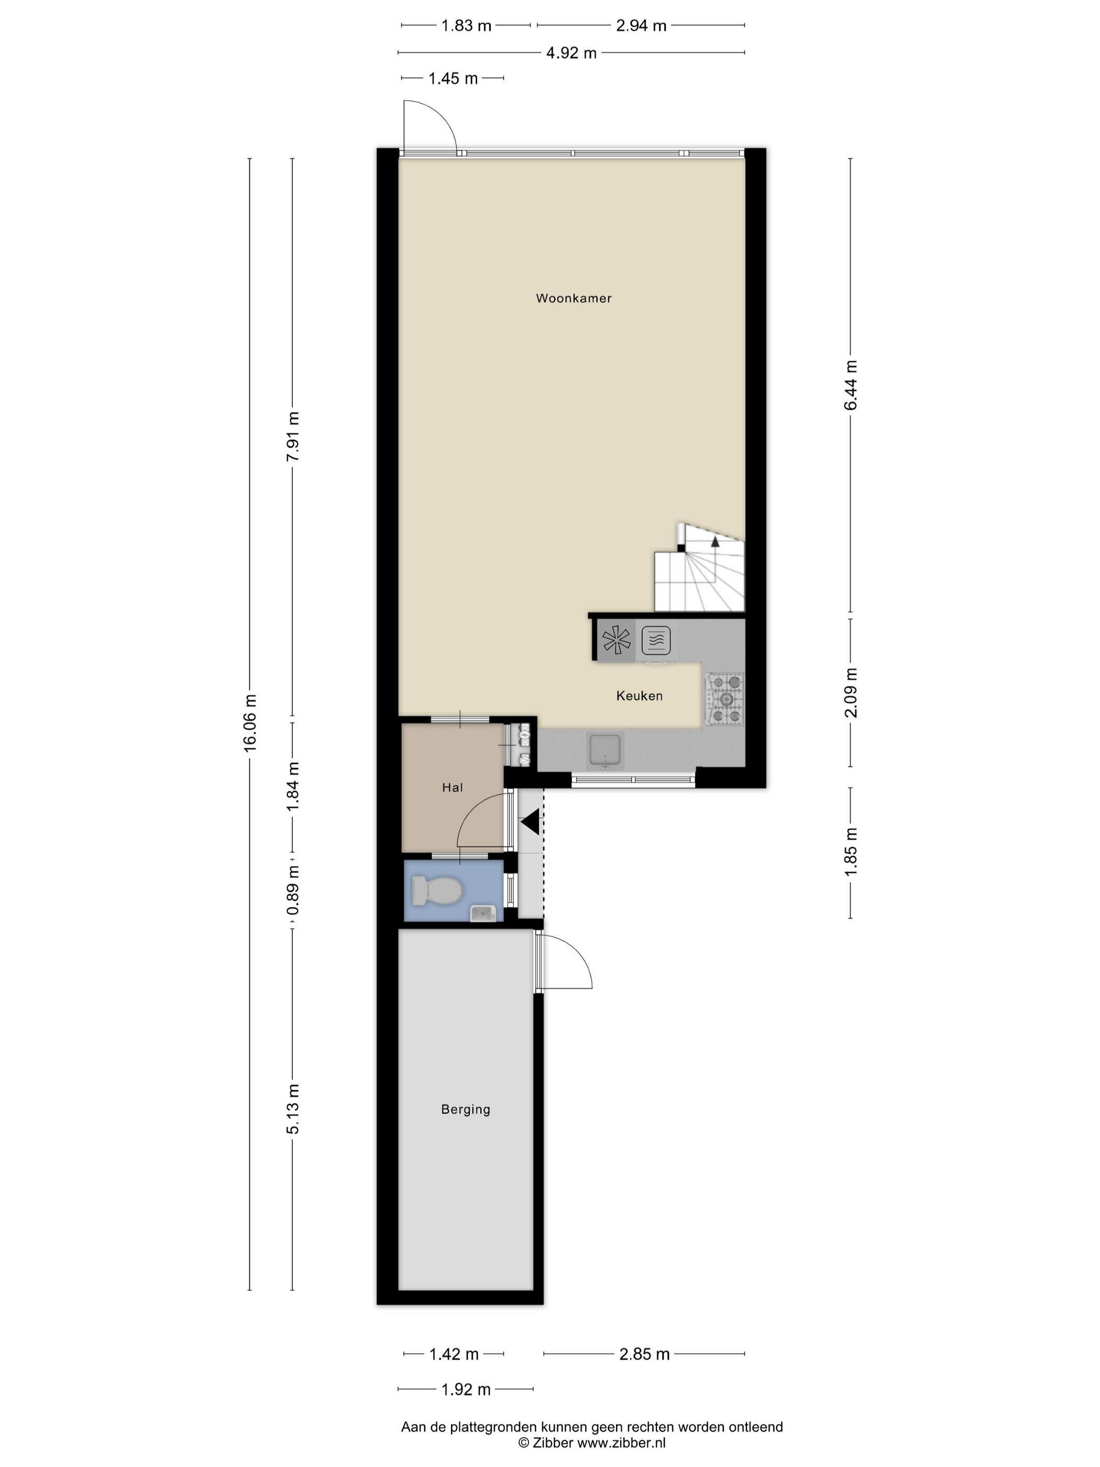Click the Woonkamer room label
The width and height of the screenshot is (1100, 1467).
coord(574,299)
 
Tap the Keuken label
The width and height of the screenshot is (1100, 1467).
coord(639,696)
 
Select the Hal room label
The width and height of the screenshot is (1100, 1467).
coord(452,787)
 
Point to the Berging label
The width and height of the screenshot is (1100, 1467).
coord(466,1110)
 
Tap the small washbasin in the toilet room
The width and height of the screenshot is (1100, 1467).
coord(483,913)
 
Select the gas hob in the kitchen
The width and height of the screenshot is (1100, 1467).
coord(725,698)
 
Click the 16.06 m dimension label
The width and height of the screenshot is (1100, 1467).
coord(249,723)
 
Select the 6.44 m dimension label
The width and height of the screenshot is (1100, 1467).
coord(851,385)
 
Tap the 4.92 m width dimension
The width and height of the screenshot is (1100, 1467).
coord(571,53)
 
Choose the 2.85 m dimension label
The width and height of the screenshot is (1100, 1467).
coord(644,1354)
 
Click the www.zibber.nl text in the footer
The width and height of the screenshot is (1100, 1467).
coord(621,1442)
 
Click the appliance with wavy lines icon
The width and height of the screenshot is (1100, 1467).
coord(656,641)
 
